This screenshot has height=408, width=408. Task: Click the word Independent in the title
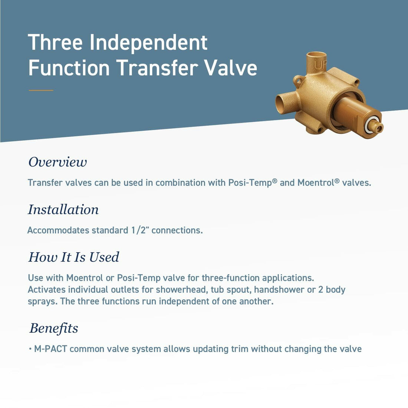point(148,43)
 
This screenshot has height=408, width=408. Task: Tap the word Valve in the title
point(231,68)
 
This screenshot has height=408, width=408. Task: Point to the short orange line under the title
point(41,90)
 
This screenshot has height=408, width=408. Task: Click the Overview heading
point(57,162)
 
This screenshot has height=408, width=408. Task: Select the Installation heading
point(63,210)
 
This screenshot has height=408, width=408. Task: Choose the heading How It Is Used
point(73,257)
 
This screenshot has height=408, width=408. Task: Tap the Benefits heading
point(54,328)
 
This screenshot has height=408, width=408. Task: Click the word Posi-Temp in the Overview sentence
point(250,183)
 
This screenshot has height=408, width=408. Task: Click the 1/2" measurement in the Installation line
point(140,230)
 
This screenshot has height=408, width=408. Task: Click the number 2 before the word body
point(321,290)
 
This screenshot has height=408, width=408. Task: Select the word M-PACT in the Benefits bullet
point(50,349)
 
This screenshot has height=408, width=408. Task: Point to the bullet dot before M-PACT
point(30,349)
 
